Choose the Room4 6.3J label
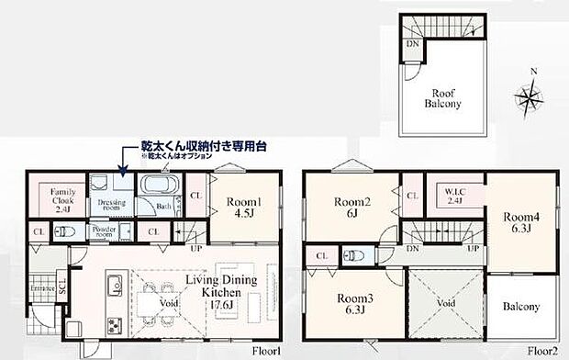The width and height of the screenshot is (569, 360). [x=519, y=222]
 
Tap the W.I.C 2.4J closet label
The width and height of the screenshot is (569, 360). [x=451, y=197]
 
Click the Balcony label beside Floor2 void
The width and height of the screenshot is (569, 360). [x=520, y=307]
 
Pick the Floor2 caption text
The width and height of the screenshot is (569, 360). [x=542, y=351]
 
